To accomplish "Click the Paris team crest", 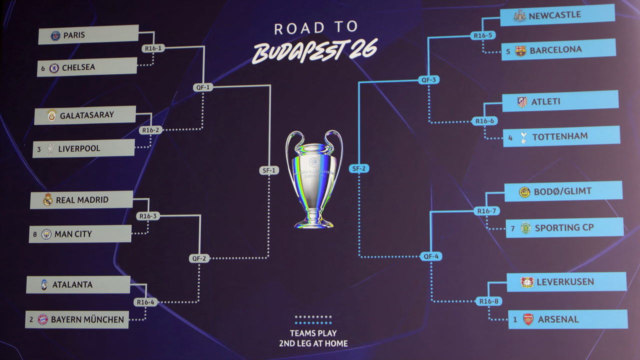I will [x=55, y=35].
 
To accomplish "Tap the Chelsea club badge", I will [x=54, y=68].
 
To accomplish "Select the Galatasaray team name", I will [x=87, y=115].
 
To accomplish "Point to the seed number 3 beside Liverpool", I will [x=39, y=149].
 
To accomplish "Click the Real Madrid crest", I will [x=48, y=200].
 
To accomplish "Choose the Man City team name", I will [x=73, y=234].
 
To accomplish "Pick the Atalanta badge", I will [x=44, y=285].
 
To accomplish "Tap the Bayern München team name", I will [x=87, y=319].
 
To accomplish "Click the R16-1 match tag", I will [x=152, y=48].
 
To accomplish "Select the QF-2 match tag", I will [x=198, y=258].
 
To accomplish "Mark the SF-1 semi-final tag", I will [x=269, y=170].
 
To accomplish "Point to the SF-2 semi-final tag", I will [x=359, y=168].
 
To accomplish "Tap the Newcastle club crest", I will [x=520, y=16].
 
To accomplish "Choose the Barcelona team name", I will [x=555, y=50].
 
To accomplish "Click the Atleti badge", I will [x=522, y=102].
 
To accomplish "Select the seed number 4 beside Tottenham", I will [x=510, y=137].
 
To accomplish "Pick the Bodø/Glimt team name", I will [x=562, y=191].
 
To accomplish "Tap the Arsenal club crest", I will [x=528, y=319].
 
